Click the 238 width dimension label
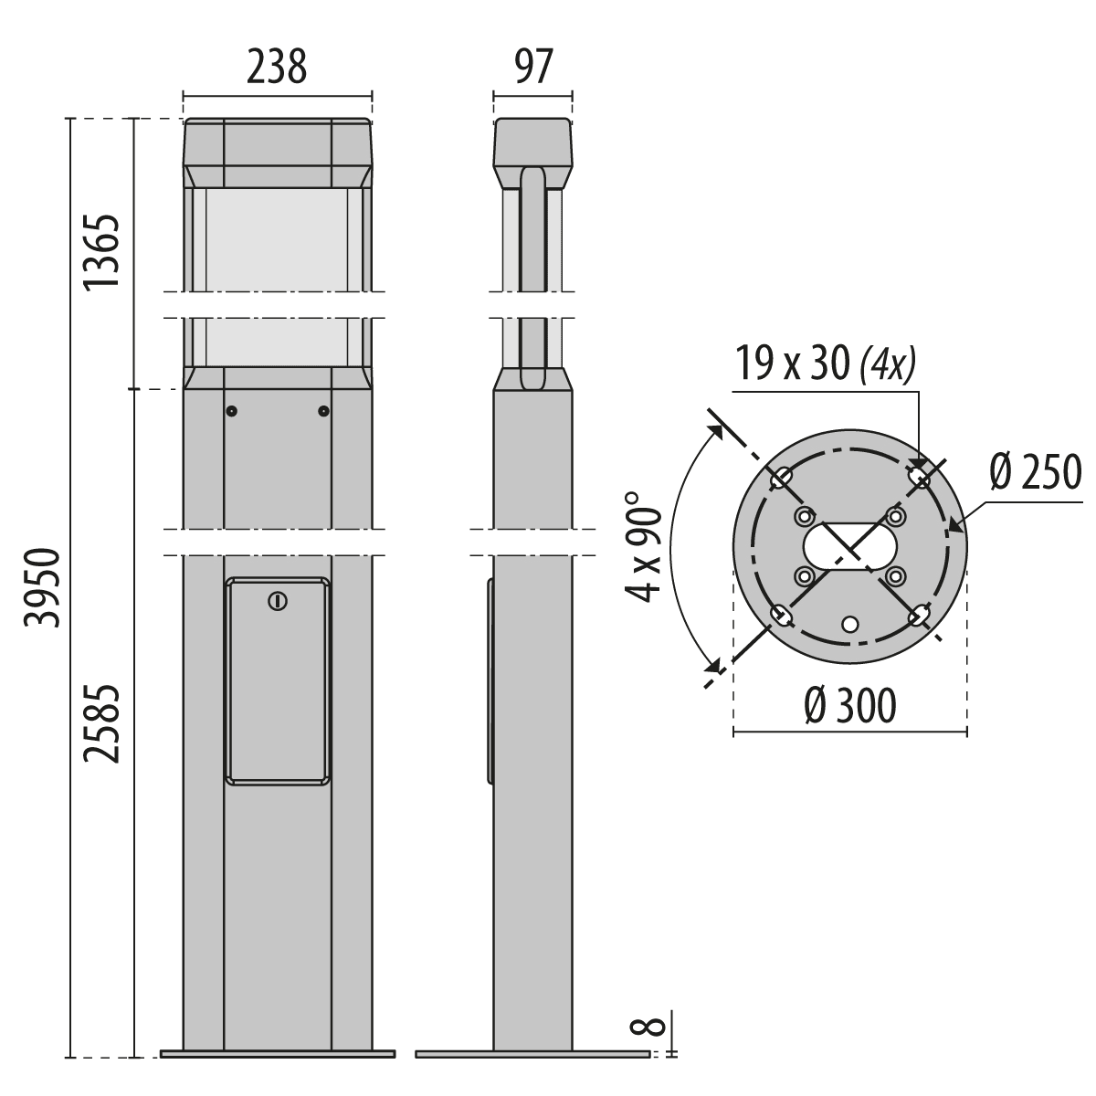coord(277,67)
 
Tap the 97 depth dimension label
coord(532,67)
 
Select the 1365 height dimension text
coord(102,252)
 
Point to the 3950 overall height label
coord(42,588)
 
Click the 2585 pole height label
coord(102,723)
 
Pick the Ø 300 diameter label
coord(850,706)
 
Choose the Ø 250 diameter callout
coord(1035,472)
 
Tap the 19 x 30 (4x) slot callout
coord(826,364)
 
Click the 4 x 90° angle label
coord(644,548)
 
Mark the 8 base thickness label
coord(648,1043)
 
